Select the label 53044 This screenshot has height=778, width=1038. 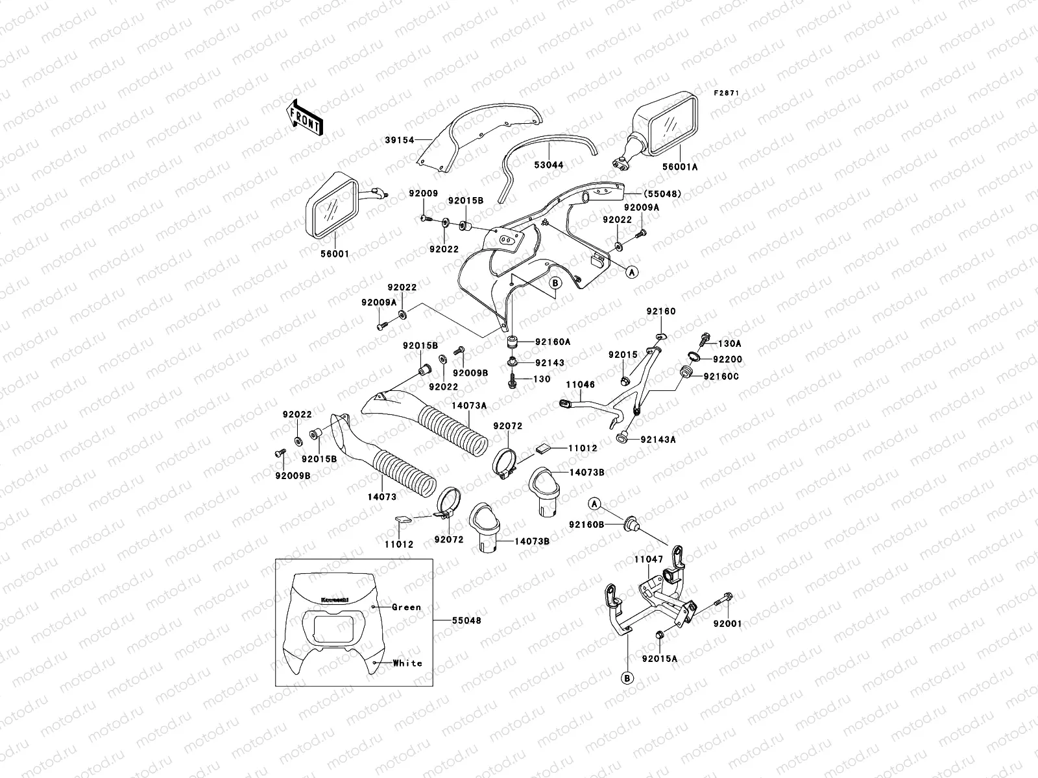coord(549,165)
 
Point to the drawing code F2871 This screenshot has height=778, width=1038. coord(727,93)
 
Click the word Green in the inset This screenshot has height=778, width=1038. coord(407,607)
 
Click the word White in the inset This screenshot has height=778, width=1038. coord(407,663)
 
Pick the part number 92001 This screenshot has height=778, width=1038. coord(727,623)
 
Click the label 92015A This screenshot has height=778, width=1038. coord(660,658)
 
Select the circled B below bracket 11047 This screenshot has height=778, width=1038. coord(627,679)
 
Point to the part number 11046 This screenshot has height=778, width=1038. coord(580,384)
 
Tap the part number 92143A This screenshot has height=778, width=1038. coord(658,439)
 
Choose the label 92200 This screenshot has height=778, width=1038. coord(727,359)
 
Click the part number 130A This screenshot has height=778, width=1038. coord(729,344)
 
